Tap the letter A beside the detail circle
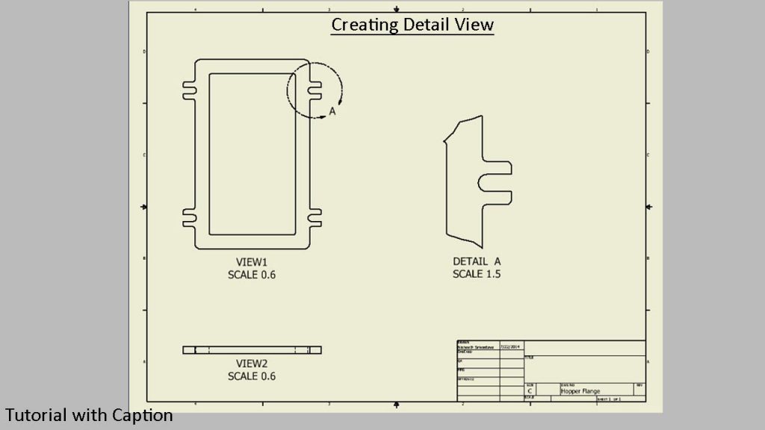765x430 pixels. coord(333,111)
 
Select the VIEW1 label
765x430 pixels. coord(252,262)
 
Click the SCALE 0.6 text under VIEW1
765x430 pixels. coord(252,275)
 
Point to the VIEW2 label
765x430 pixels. coord(252,364)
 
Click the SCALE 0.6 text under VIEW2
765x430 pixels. coord(252,376)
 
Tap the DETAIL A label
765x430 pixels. coord(477,262)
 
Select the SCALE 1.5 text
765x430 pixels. coord(477,275)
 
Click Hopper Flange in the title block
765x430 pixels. coord(580,391)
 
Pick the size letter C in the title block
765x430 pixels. coord(530,390)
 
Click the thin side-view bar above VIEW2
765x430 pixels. coord(252,350)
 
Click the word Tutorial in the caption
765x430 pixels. coord(35,415)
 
